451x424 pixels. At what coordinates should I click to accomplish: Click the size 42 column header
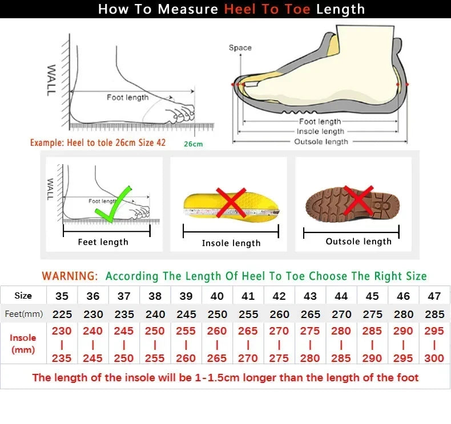coord(279,296)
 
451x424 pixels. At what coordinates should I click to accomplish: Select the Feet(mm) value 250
coord(217,314)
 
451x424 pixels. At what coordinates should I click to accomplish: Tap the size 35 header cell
coord(62,296)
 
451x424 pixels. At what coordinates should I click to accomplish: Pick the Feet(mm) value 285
coord(434,314)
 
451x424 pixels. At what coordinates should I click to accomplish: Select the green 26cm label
coord(193,144)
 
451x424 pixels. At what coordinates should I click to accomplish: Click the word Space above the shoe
coord(240,48)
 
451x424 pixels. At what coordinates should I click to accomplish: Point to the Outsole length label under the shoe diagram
coord(321,141)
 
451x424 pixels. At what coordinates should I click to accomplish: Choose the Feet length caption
coord(103,242)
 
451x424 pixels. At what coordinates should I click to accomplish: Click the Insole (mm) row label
coord(23,344)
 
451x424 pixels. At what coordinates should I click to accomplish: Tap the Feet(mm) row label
coord(23,314)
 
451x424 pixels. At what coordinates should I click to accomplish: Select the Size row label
coord(23,296)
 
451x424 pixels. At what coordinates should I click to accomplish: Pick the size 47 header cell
coord(434,296)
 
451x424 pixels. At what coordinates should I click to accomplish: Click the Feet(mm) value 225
coord(62,314)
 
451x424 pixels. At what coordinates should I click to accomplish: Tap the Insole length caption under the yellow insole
coord(231,243)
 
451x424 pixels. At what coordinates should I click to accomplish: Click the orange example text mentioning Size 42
coord(98,142)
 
